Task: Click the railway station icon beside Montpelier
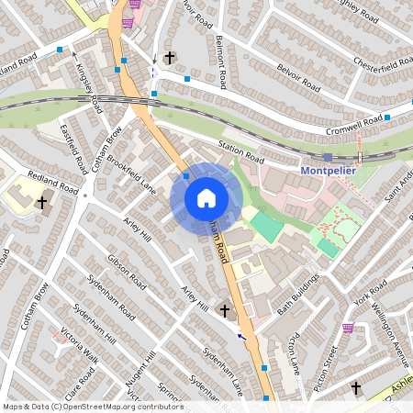point(328,157)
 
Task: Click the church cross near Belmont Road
point(169,58)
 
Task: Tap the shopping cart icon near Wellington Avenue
point(348,328)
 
